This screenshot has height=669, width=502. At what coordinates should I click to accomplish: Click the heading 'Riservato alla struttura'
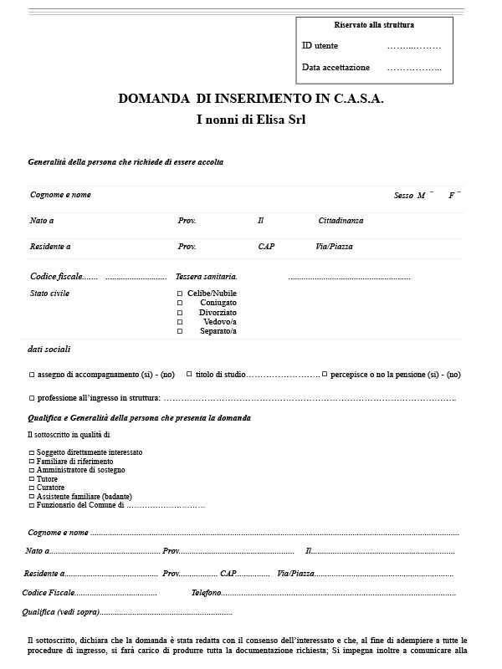point(374,25)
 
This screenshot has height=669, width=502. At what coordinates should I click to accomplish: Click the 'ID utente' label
point(320,46)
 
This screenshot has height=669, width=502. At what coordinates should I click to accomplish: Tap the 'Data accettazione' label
point(336,68)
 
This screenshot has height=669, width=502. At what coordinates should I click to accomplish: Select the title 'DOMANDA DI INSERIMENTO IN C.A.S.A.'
point(251,99)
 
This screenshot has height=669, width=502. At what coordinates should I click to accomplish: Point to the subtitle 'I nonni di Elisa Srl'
point(251,120)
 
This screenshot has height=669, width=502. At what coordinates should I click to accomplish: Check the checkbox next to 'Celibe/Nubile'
point(180,294)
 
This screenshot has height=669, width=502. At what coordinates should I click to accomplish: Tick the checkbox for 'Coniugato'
point(180,303)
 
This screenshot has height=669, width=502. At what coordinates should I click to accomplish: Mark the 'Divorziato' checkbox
point(180,312)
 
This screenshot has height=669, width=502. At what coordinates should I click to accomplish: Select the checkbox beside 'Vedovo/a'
point(180,322)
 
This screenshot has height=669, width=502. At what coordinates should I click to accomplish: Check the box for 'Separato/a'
point(180,331)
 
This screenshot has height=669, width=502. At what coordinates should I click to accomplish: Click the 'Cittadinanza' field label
point(341,221)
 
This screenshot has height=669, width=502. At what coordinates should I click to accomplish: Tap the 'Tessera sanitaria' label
point(206,276)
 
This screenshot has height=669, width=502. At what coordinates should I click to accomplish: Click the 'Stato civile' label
point(49,294)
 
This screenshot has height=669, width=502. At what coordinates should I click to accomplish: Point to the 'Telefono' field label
point(206,592)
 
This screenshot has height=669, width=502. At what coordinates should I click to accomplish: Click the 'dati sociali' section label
point(49,349)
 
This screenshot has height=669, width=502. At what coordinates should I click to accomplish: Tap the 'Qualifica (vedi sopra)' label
point(60,612)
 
